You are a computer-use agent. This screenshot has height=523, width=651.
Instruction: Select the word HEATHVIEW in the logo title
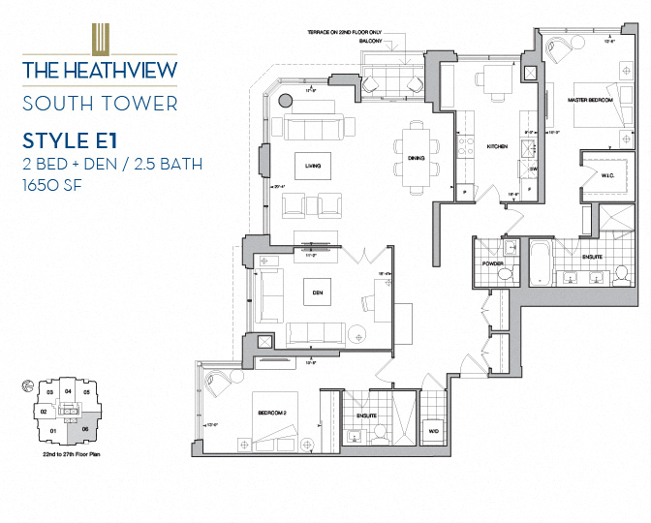tap(118, 70)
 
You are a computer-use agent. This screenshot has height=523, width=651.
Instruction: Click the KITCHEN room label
tap(497, 147)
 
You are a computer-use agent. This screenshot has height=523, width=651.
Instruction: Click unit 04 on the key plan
tap(67, 392)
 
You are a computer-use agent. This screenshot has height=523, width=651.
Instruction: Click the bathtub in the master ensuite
tap(540, 260)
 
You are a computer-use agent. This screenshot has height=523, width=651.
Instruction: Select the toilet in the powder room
tap(503, 275)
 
